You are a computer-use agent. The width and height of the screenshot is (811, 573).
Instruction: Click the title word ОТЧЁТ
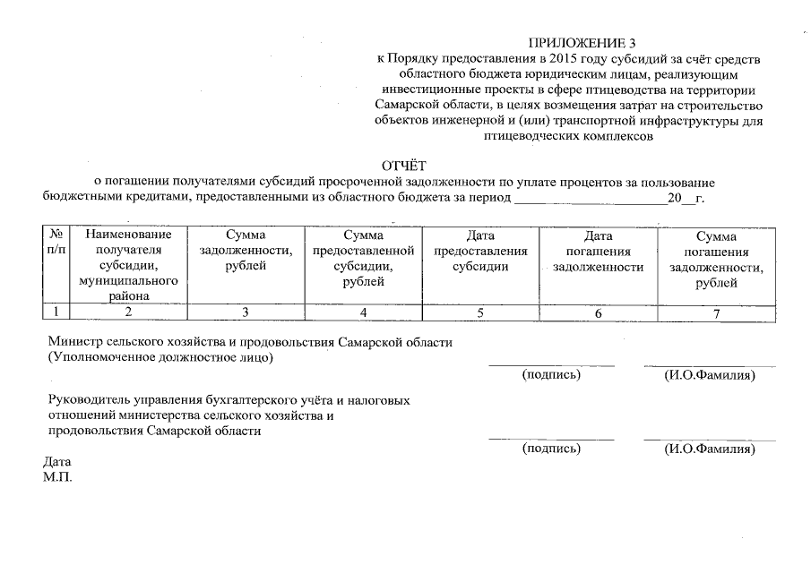406,166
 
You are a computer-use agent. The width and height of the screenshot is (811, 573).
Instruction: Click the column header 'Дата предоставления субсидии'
480,252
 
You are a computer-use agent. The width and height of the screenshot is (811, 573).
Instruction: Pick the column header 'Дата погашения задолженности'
598,252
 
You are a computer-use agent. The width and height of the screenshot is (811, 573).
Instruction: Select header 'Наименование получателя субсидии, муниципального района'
129,265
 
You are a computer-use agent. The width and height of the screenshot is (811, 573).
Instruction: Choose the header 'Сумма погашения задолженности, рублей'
716,260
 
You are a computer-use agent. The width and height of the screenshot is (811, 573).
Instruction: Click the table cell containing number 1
56,312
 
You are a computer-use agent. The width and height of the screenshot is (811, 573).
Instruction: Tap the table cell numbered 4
363,312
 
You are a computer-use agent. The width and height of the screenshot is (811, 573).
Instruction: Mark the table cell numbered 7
716,312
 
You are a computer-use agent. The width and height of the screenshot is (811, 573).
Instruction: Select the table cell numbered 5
480,312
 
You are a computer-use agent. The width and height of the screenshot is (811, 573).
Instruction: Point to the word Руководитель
90,400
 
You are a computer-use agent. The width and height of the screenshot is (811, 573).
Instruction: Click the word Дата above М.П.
56,462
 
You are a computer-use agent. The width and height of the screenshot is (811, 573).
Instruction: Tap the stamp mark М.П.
56,476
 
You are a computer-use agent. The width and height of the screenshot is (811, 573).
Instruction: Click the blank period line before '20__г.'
591,199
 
